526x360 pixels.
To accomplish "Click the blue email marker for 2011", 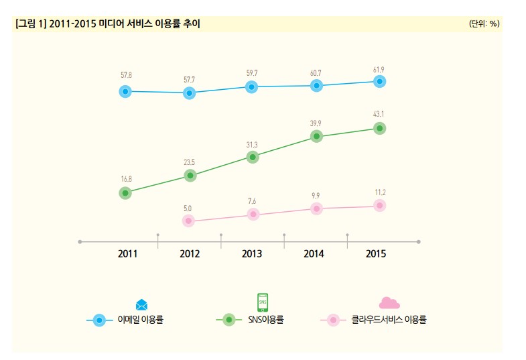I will click(x=125, y=91).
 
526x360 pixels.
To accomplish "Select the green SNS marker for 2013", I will click(x=253, y=157).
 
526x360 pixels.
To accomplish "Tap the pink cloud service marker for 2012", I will click(x=189, y=221).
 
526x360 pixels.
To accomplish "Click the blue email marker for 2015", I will click(x=379, y=81).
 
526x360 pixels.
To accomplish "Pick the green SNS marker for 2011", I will click(x=125, y=193).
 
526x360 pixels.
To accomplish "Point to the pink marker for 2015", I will click(x=379, y=205).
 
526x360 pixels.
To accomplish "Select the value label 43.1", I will click(x=379, y=113).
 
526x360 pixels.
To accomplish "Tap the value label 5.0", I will click(x=188, y=208).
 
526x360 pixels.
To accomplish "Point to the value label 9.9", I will click(x=316, y=196).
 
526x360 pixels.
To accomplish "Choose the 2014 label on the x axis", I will click(x=314, y=254).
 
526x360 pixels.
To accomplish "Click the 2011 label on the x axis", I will click(x=127, y=254).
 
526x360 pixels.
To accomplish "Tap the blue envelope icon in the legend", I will click(x=141, y=305).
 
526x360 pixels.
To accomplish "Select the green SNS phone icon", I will click(x=263, y=302).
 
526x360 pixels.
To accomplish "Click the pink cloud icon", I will click(x=389, y=303).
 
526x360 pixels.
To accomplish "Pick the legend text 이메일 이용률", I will click(x=141, y=320).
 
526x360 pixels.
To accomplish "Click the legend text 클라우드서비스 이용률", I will click(x=389, y=320).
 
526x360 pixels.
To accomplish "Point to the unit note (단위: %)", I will click(x=484, y=23).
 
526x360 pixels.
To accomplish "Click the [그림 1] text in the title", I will click(x=30, y=24).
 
